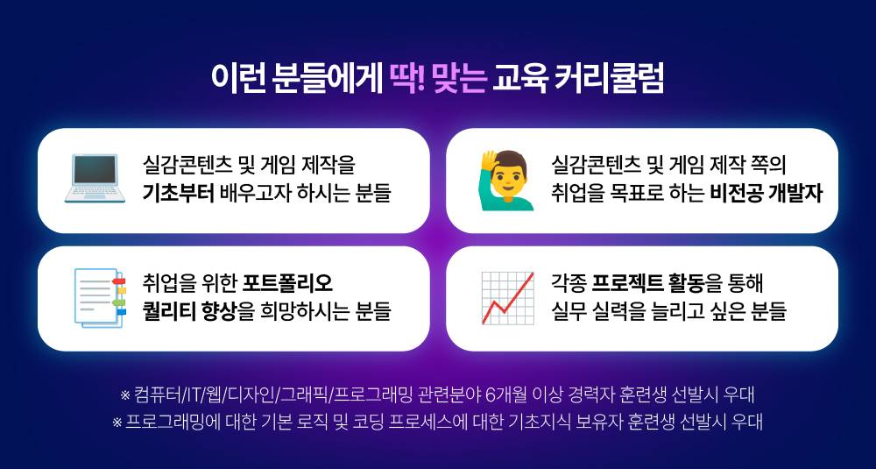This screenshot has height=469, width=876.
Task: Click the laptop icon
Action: point(92,179)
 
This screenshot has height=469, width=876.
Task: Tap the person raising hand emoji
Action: point(508,179)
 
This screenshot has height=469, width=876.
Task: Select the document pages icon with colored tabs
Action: point(93,298)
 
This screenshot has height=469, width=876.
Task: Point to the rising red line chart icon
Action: point(508,298)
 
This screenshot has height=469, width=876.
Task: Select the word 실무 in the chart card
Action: point(567,311)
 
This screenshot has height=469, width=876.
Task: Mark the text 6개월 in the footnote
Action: point(502,394)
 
